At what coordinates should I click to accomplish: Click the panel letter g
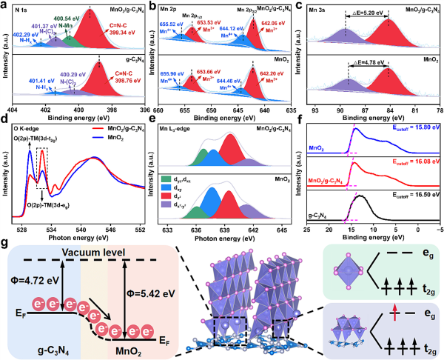coord(6,243)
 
